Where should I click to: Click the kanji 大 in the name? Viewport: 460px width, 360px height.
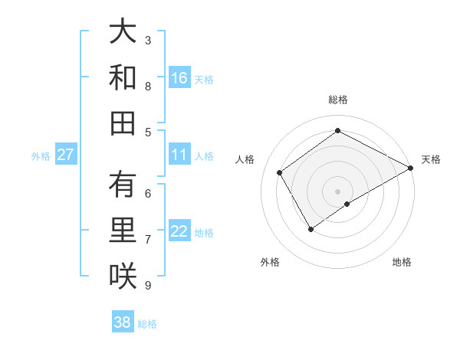[123, 32]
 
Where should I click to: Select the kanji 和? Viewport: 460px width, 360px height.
[123, 77]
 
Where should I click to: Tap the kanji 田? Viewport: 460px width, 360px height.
[123, 123]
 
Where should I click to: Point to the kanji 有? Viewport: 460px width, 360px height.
[123, 185]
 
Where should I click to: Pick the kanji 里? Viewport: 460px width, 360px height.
[123, 231]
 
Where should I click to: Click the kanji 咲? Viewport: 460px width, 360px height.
[123, 276]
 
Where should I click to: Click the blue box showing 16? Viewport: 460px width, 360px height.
[179, 78]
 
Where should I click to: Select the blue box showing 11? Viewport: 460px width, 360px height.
[179, 155]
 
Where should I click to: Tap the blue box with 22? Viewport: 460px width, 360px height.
[179, 231]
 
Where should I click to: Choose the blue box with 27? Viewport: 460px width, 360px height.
[65, 155]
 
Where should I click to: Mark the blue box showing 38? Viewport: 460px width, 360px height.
[122, 322]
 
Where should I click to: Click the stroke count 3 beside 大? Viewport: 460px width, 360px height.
[148, 40]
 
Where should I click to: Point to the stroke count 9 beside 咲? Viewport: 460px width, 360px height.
[148, 286]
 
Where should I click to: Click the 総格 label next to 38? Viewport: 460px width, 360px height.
[147, 324]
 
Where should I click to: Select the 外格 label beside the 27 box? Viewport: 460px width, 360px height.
[41, 156]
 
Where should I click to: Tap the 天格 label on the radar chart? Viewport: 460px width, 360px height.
[431, 159]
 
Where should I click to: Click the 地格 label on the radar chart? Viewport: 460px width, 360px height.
[402, 262]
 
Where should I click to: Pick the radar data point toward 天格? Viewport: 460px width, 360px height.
[411, 168]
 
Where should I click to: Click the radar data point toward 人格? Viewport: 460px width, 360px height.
[280, 172]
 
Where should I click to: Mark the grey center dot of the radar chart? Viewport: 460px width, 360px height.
[337, 191]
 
